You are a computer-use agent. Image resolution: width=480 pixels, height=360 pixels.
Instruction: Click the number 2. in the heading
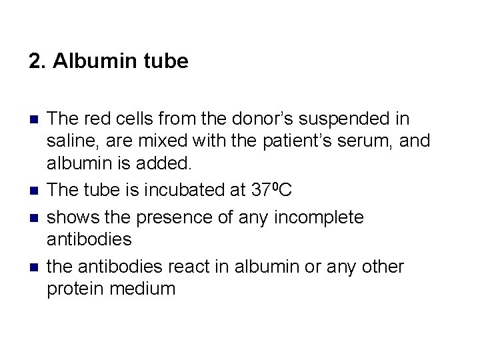click(x=37, y=62)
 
